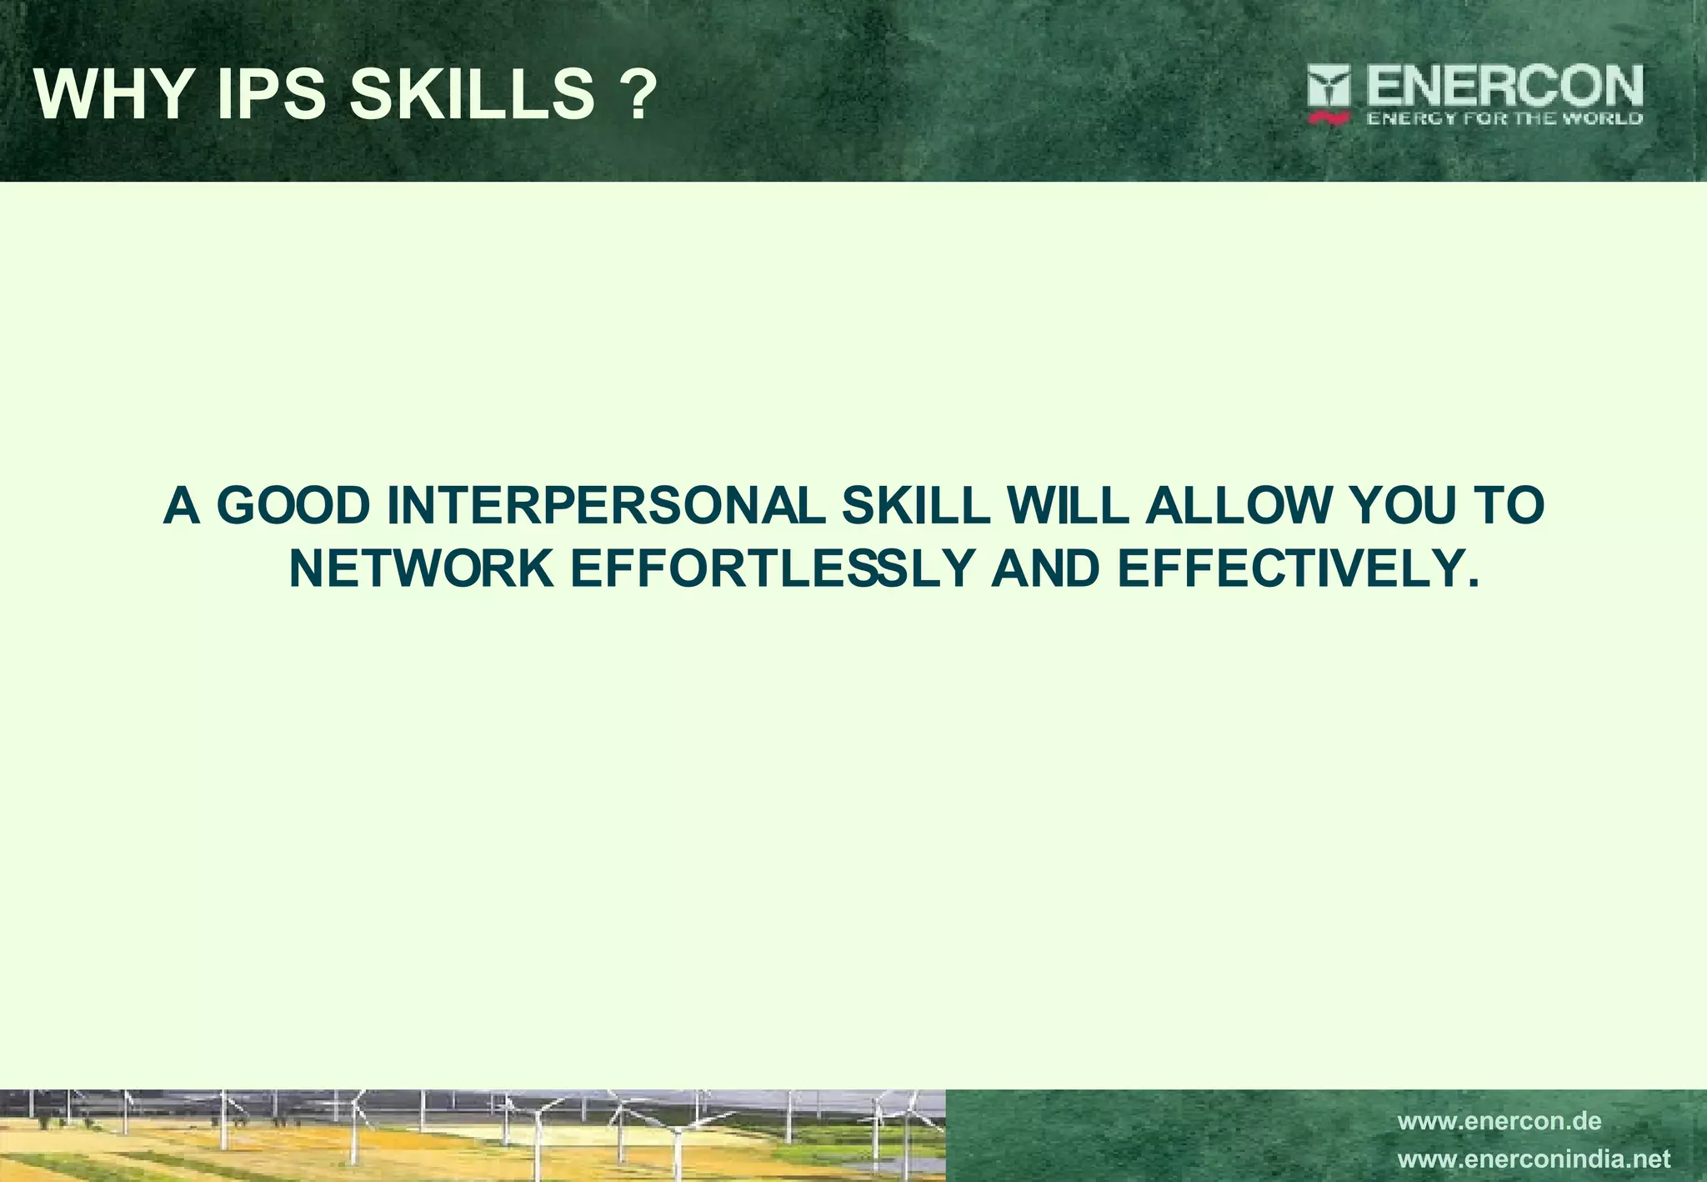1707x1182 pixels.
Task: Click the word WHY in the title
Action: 113,95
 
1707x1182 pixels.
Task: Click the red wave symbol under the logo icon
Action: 1329,119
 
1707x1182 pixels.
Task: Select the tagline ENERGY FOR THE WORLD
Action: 1504,118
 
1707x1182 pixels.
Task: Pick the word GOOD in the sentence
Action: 294,506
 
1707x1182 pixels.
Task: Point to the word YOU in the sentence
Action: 1399,506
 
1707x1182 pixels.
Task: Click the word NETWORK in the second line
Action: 421,568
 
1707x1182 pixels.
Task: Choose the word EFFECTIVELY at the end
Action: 1297,568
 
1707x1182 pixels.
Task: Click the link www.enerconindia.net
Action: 1534,1159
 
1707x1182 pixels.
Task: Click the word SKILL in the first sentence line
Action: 915,506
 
